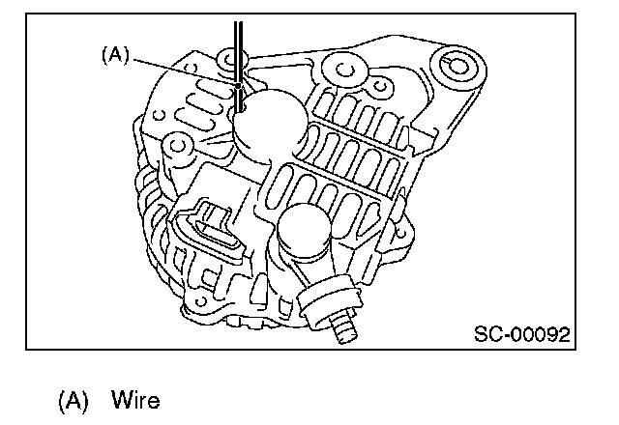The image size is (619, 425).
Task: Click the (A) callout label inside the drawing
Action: point(114,56)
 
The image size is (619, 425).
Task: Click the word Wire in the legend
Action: point(134,399)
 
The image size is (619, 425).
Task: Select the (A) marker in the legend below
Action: point(74,399)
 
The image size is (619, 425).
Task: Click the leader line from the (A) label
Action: point(184,71)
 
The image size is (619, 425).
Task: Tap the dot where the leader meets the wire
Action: point(236,86)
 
